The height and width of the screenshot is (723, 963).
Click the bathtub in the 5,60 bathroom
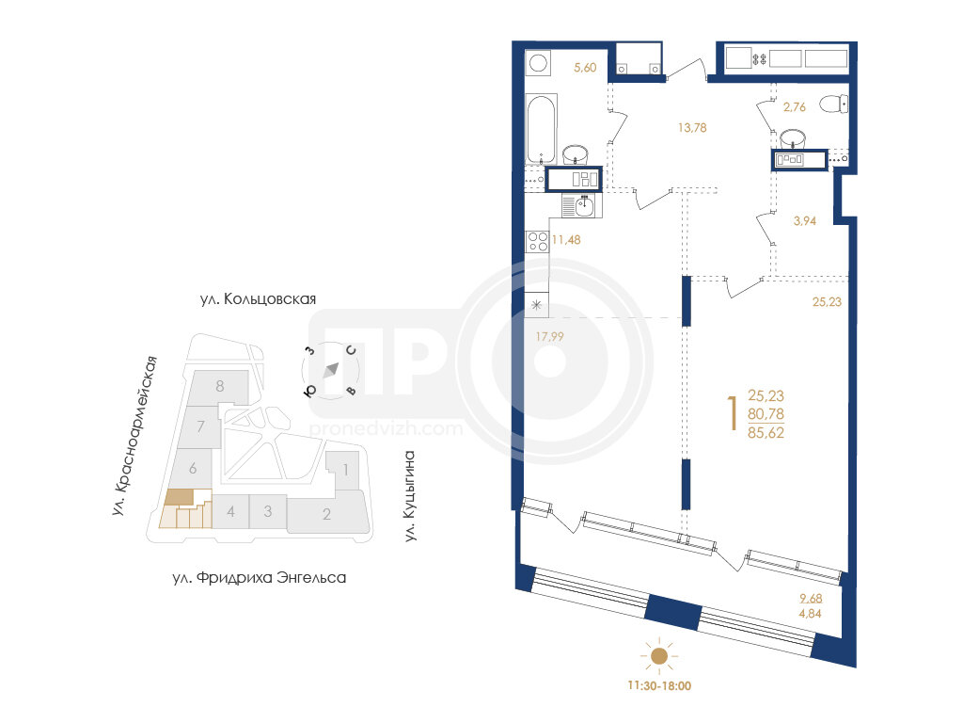click(x=542, y=128)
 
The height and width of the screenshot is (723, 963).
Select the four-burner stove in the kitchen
click(x=538, y=240)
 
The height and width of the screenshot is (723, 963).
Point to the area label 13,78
click(x=692, y=128)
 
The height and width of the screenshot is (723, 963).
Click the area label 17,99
click(x=549, y=336)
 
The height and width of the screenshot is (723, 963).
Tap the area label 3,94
click(x=805, y=220)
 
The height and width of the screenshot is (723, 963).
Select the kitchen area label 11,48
click(x=566, y=240)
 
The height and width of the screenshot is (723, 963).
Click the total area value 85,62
click(x=766, y=433)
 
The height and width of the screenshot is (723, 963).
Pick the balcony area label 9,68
click(x=811, y=598)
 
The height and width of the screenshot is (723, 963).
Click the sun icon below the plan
click(x=659, y=656)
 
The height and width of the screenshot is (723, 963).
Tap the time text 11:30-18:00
click(x=659, y=685)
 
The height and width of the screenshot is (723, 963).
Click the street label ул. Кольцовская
click(x=258, y=298)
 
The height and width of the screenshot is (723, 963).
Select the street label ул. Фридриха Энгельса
click(x=260, y=578)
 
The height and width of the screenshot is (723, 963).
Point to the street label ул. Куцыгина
click(x=410, y=496)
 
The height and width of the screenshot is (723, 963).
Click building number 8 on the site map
click(x=220, y=387)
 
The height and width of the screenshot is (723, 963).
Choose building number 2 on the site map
click(x=326, y=514)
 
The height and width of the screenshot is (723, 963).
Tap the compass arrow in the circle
click(x=331, y=370)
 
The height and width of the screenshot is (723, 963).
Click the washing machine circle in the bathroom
click(x=539, y=63)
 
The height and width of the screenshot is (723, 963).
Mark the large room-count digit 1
click(x=732, y=414)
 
